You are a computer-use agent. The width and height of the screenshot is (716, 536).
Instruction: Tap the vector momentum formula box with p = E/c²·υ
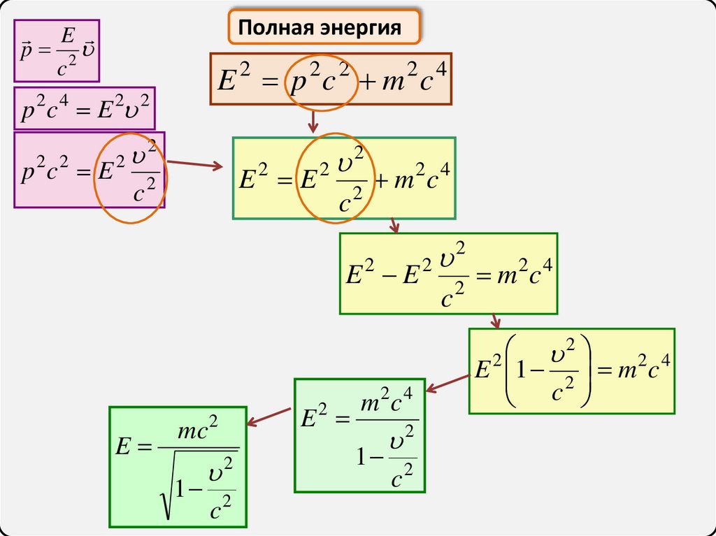coord(58,51)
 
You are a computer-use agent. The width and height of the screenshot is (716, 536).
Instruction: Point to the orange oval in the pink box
coord(131,177)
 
